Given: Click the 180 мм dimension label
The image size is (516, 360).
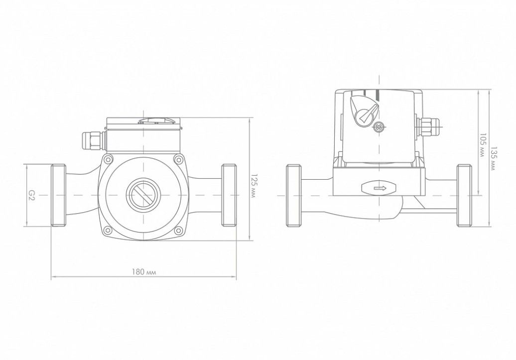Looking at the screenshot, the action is click(x=144, y=272).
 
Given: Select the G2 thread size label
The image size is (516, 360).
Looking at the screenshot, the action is click(x=31, y=196).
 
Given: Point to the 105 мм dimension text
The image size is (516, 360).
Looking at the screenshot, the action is click(x=483, y=145).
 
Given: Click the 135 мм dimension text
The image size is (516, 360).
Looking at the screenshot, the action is click(x=493, y=158).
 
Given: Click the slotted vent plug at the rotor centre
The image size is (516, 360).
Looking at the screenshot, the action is click(x=144, y=195).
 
